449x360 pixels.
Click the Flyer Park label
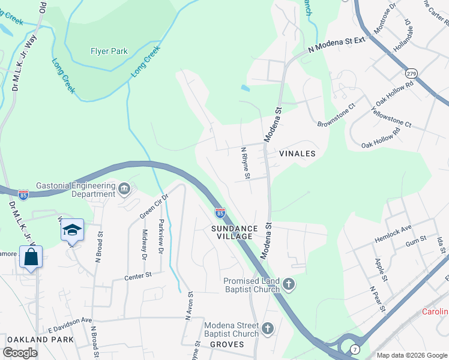pos(109,52)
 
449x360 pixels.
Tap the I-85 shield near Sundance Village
pos(220,212)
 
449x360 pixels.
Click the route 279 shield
pos(411,73)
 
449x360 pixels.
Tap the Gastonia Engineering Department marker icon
pos(124,190)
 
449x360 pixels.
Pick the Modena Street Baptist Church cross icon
pos(268,329)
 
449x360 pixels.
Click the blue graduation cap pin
pos(72,231)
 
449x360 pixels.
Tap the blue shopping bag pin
pos(31,257)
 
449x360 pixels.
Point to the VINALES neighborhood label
pos(297,154)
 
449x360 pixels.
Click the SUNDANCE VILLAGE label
pos(235,233)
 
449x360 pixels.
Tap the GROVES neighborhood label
pos(227,344)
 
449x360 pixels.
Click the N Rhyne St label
pos(245,163)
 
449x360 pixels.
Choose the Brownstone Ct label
pos(337,115)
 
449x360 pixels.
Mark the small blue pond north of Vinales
pos(245,88)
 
